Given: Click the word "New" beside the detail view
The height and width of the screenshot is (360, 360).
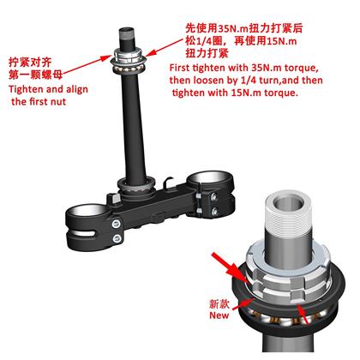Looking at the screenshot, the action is [219, 315].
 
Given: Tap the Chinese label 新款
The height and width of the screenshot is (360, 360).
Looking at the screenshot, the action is [219, 303].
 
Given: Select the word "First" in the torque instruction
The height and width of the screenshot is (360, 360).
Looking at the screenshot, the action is [180, 68].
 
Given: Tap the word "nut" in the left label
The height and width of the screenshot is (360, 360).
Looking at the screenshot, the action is [58, 102].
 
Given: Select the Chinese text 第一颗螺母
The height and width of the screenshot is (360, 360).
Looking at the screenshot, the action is [35, 75].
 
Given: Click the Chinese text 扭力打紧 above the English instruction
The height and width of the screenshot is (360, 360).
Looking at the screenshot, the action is [207, 53].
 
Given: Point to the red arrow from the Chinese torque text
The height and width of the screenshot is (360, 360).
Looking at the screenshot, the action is [165, 47].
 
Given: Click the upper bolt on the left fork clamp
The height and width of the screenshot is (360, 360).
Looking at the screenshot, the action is [116, 224].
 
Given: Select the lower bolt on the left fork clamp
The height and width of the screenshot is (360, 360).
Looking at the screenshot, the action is [117, 238].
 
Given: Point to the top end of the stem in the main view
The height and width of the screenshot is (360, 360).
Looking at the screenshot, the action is [127, 30].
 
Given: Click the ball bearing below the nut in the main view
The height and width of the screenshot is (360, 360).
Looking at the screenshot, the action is [129, 69].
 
